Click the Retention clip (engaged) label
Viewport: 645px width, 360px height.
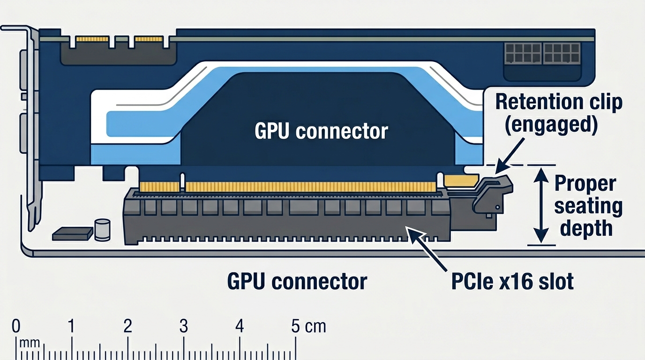[559, 114]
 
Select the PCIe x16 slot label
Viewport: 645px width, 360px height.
[512, 281]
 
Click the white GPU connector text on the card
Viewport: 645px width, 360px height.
[321, 131]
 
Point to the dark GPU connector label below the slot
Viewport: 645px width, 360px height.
[297, 281]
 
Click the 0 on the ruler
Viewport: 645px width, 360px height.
[16, 326]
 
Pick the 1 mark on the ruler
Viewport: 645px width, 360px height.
[71, 326]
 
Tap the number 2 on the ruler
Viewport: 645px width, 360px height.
[127, 326]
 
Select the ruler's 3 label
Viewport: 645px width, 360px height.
[183, 326]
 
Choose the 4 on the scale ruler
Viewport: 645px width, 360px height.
[240, 326]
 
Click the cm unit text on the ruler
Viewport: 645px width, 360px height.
[315, 326]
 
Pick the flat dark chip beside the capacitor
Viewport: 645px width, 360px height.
[72, 233]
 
